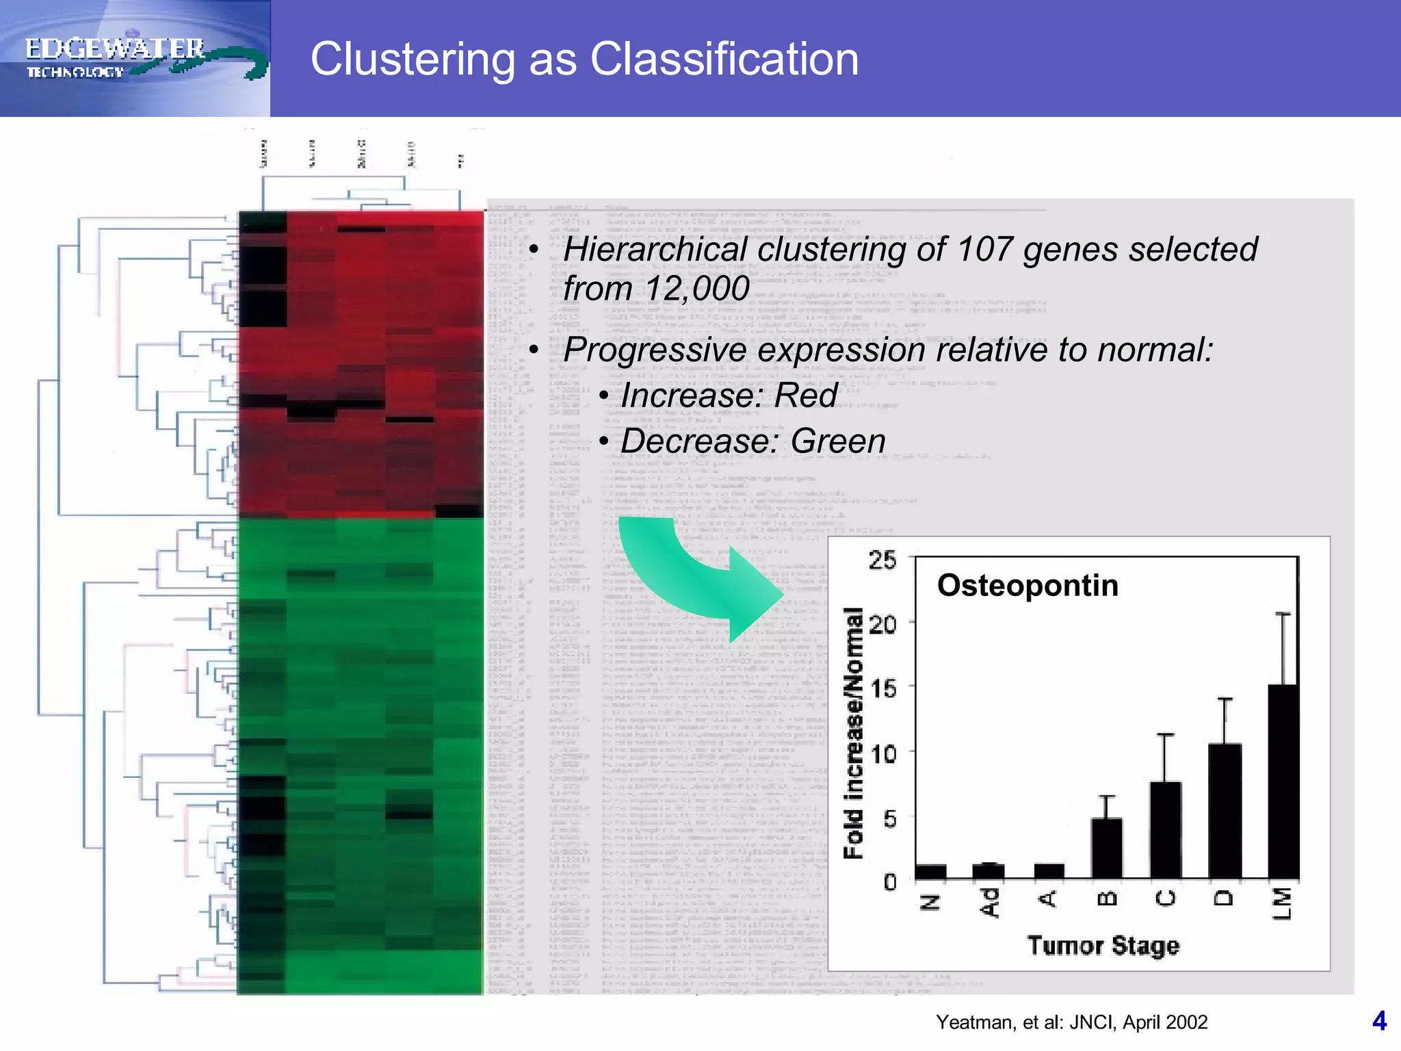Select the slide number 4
point(1379,1021)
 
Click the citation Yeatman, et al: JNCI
point(1071,1022)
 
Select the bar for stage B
point(1107,848)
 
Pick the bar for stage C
point(1166,830)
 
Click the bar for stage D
point(1225,811)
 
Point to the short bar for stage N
point(930,872)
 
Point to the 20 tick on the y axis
point(882,624)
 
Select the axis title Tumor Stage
point(1103,946)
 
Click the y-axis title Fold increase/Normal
point(853,732)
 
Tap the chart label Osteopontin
point(1027,586)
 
